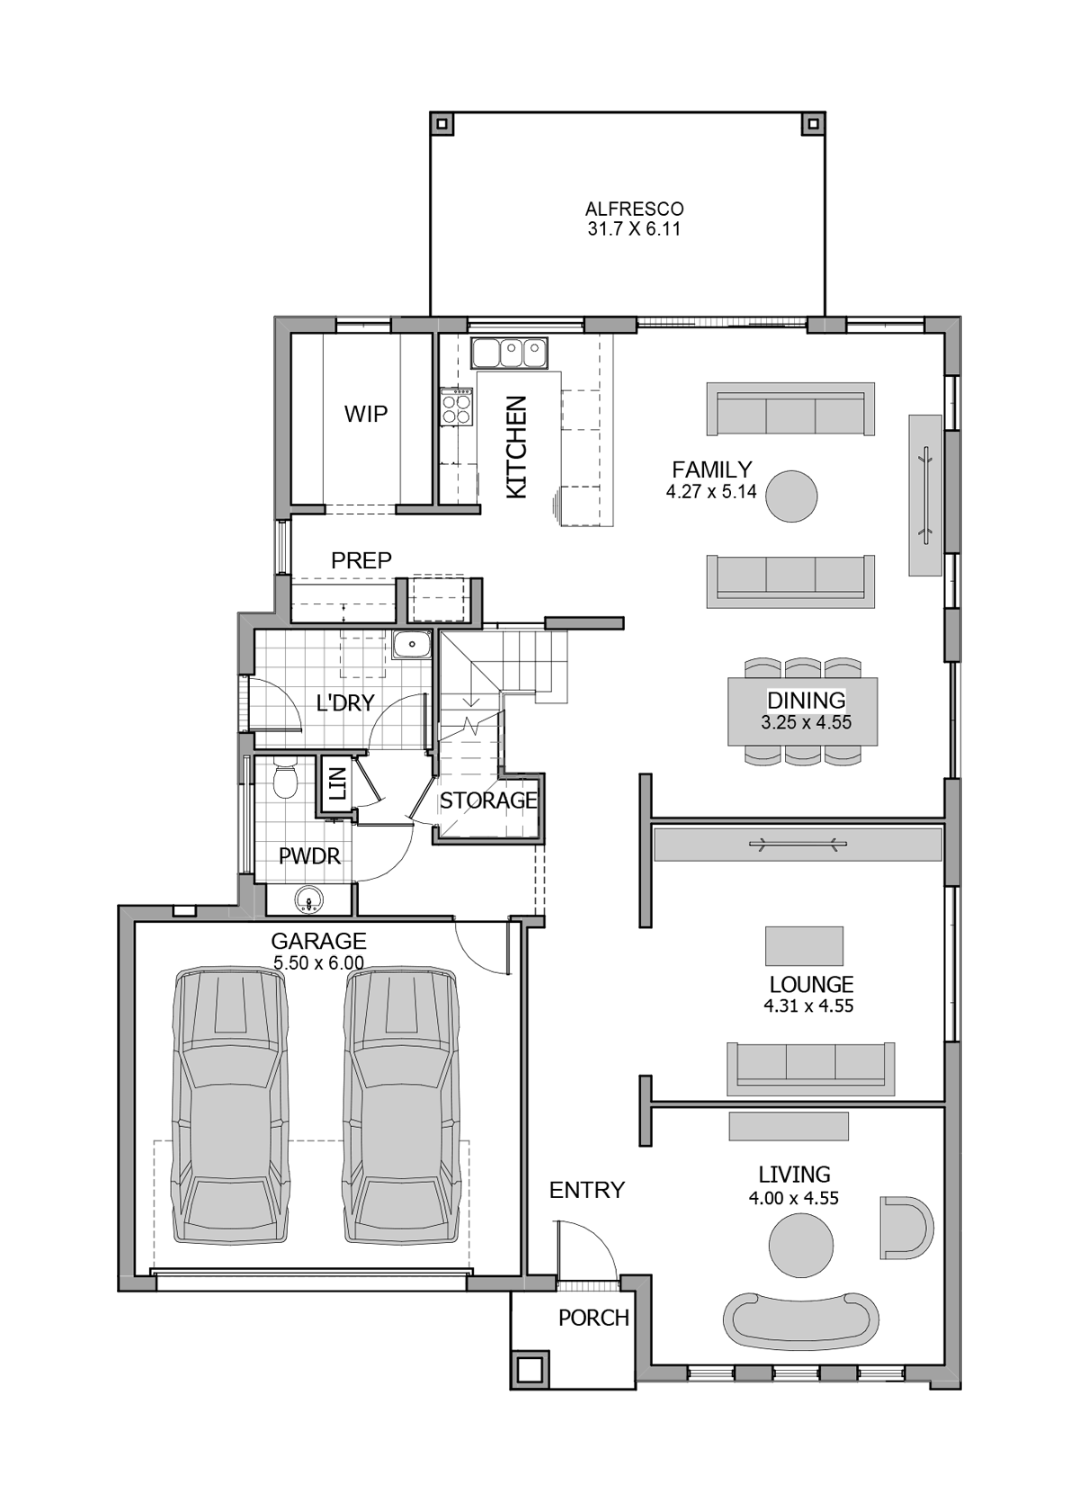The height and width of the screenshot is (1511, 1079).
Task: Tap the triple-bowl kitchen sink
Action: coord(510,353)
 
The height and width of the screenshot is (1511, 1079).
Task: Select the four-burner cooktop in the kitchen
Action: coord(457,407)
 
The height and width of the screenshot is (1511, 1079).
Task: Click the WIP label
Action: coord(366,414)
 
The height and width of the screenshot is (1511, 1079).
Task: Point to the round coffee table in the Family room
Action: coord(791,496)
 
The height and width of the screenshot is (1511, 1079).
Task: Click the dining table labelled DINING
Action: coord(803,711)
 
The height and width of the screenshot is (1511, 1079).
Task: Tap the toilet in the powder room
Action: coord(286,781)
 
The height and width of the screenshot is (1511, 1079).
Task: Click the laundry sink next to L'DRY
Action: coord(413,644)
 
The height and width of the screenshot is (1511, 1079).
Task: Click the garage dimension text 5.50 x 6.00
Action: coord(318,963)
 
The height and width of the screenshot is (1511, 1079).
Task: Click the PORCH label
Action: coord(593,1319)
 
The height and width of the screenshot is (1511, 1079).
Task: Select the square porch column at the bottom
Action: coord(530,1369)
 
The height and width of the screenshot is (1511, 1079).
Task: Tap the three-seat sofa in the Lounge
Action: coord(811,1068)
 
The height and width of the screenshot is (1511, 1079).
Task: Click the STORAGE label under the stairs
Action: coord(488,800)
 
